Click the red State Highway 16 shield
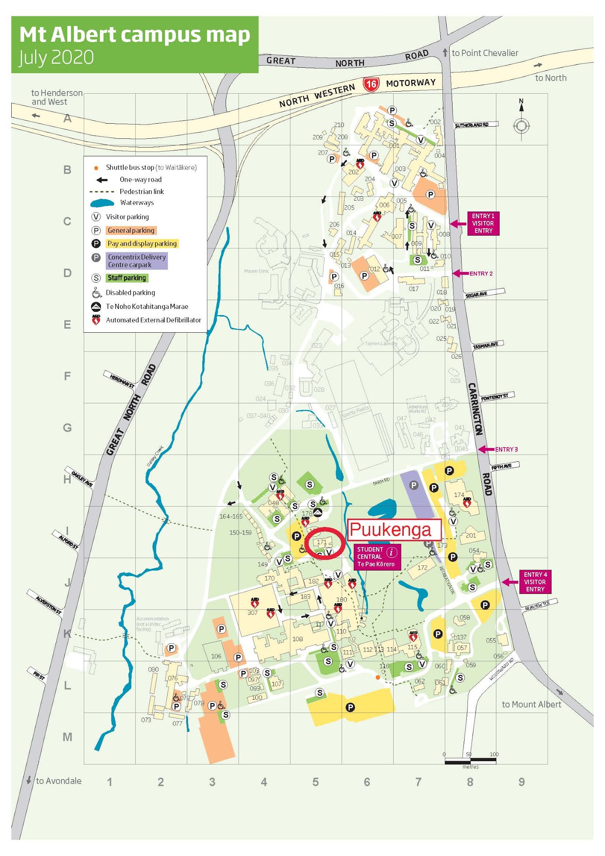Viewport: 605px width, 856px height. click(x=371, y=84)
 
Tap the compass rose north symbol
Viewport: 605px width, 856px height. click(x=521, y=125)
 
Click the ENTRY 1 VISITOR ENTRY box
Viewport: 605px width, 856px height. click(x=483, y=224)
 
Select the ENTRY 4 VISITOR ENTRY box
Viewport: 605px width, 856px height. click(x=535, y=582)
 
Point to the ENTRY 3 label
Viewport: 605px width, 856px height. click(x=506, y=449)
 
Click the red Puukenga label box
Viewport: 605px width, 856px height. click(x=394, y=530)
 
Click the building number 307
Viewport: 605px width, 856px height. click(x=252, y=613)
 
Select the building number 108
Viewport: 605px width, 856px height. click(x=297, y=639)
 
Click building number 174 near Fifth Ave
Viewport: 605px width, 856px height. click(x=459, y=495)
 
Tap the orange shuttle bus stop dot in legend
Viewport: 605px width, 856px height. click(x=96, y=168)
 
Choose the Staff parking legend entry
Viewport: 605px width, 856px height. click(x=127, y=278)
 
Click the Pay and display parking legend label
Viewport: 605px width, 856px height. click(x=142, y=244)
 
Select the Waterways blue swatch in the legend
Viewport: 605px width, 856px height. click(x=102, y=203)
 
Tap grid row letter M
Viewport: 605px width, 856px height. click(x=67, y=737)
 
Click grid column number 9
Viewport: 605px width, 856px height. click(x=521, y=782)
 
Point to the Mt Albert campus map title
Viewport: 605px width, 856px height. click(x=135, y=35)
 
